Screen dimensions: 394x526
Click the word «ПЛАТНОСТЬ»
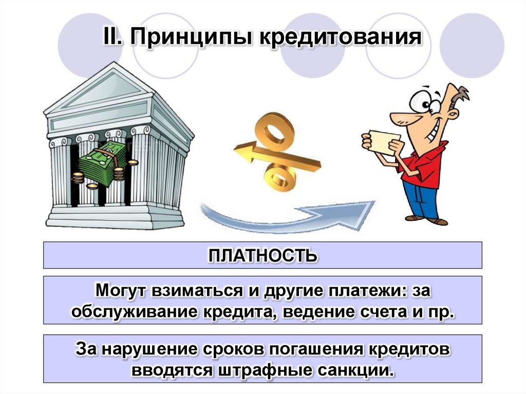click(262, 255)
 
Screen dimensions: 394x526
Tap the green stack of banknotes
click(103, 163)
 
